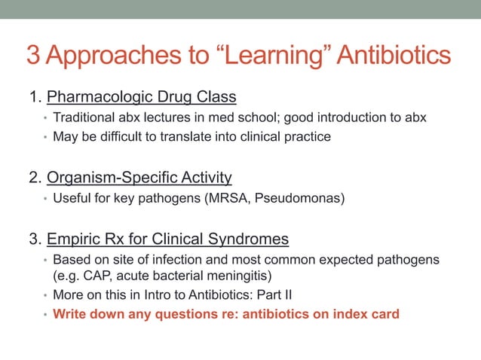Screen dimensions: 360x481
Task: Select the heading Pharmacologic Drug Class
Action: pos(142,97)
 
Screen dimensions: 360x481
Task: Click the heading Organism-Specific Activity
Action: pos(139,178)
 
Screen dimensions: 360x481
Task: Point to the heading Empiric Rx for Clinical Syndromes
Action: pos(167,239)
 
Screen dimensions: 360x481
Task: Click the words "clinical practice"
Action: pos(286,136)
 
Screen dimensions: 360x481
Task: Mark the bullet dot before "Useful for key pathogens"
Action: pos(44,200)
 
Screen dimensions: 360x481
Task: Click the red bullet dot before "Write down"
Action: pos(44,314)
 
